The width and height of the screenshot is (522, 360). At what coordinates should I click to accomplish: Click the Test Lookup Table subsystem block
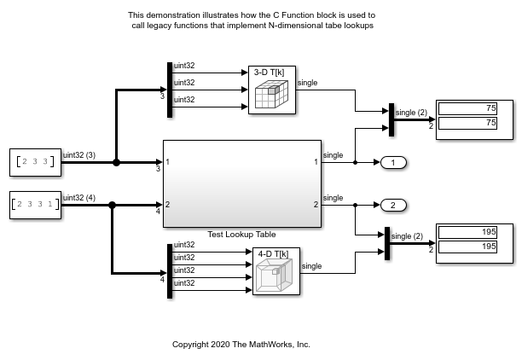pos(241,183)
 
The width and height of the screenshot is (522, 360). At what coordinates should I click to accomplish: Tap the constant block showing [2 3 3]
pos(35,161)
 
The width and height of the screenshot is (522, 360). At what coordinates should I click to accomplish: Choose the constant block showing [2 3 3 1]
pos(35,205)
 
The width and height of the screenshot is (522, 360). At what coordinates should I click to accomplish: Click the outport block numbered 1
pos(393,162)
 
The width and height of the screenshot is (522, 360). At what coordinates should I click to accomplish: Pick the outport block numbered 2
pos(393,205)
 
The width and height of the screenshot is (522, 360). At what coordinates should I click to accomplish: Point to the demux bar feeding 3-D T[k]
pos(169,84)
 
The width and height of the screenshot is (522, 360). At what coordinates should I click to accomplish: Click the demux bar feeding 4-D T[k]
pos(169,270)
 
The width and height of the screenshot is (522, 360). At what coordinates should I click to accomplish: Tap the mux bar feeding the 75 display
pos(390,119)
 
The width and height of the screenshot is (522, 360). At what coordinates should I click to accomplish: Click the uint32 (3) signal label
pos(80,155)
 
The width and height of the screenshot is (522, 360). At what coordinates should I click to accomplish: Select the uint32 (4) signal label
pos(80,198)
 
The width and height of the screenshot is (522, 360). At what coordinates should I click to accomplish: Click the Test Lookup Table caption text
pos(241,235)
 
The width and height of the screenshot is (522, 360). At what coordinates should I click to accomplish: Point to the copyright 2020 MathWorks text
pos(241,345)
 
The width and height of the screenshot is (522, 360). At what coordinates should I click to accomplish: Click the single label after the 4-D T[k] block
pos(313,266)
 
